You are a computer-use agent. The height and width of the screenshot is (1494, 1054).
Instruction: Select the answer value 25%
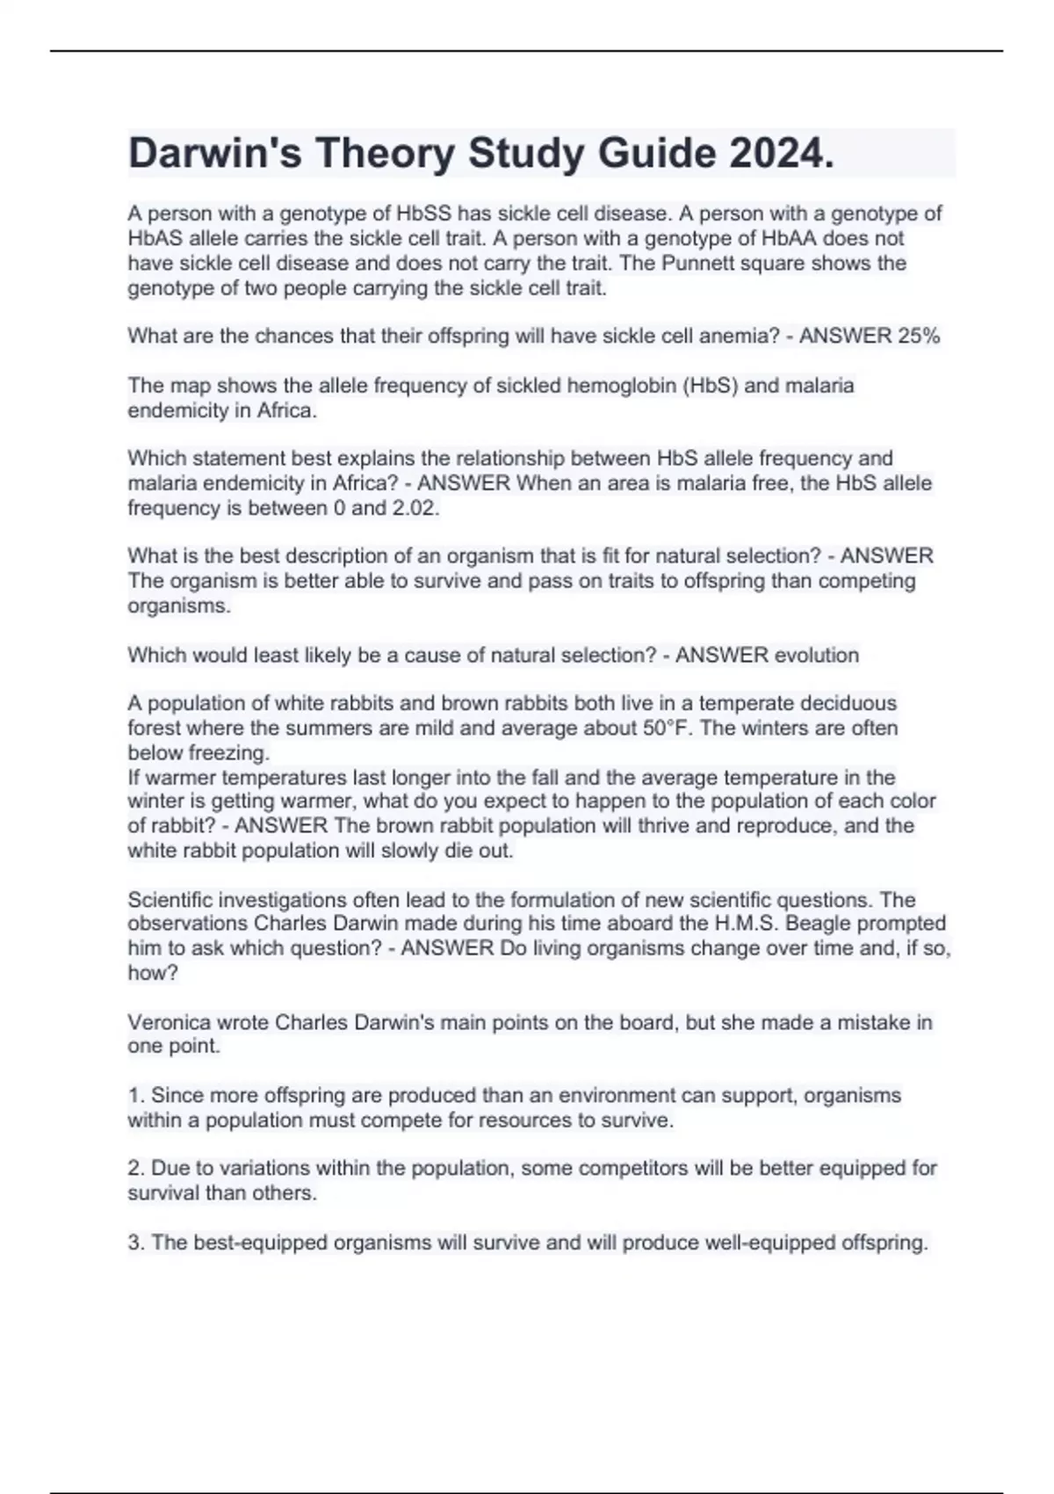[919, 336]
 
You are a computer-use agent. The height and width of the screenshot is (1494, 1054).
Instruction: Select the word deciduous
[842, 703]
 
